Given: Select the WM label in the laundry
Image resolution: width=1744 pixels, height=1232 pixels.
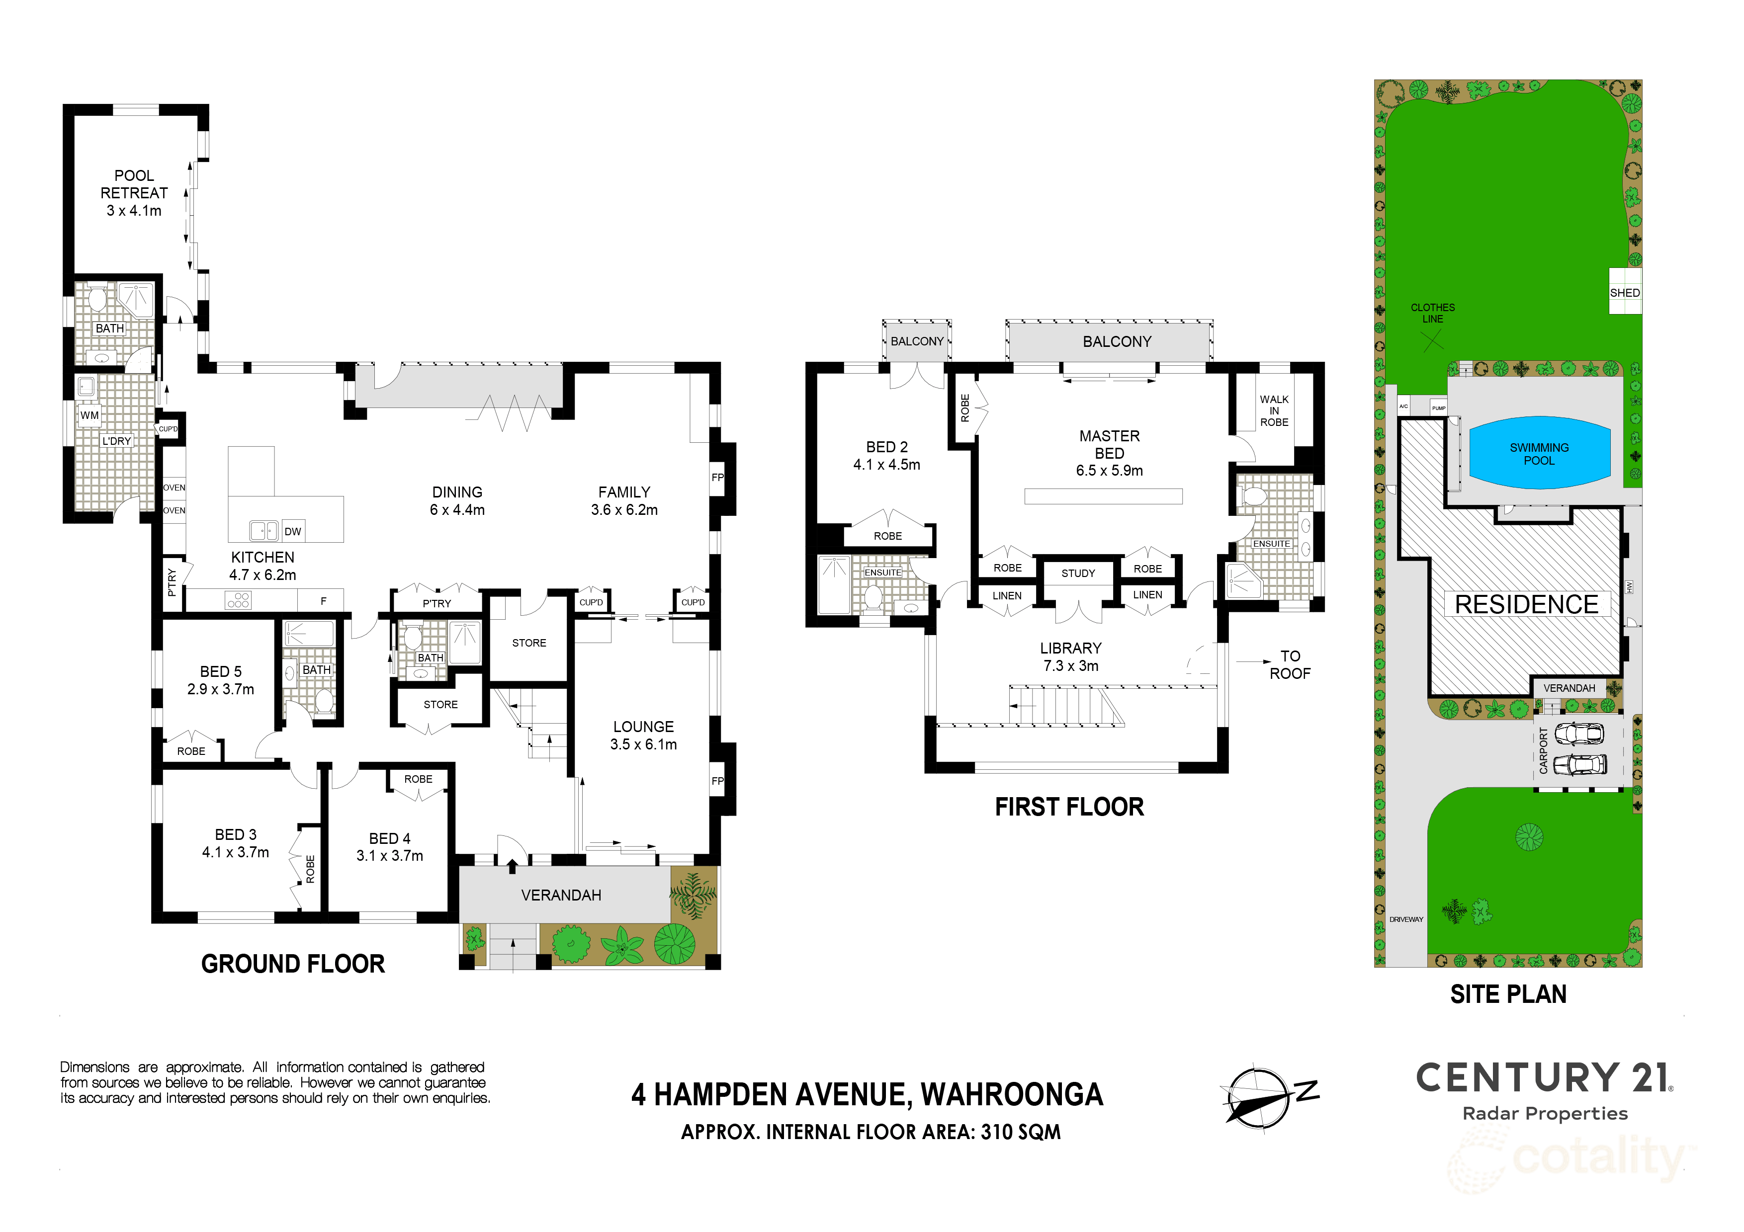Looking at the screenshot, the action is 89,415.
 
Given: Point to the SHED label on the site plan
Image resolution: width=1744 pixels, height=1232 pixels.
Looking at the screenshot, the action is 1624,293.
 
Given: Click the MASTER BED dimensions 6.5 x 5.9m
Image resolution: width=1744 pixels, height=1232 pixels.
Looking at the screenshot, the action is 1109,471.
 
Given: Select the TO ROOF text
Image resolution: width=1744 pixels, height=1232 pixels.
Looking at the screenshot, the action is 1290,665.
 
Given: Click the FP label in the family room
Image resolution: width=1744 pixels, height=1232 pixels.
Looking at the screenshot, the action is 717,478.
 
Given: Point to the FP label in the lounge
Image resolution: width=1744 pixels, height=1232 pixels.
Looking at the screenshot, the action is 717,781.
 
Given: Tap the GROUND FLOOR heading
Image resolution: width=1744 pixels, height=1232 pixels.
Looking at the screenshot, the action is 293,964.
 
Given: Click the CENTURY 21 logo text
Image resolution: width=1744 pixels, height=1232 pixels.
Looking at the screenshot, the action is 1544,1078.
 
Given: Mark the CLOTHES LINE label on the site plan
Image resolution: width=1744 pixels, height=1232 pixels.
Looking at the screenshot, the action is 1433,313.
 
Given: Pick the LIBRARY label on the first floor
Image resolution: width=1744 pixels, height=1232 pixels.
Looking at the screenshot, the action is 1070,648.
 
